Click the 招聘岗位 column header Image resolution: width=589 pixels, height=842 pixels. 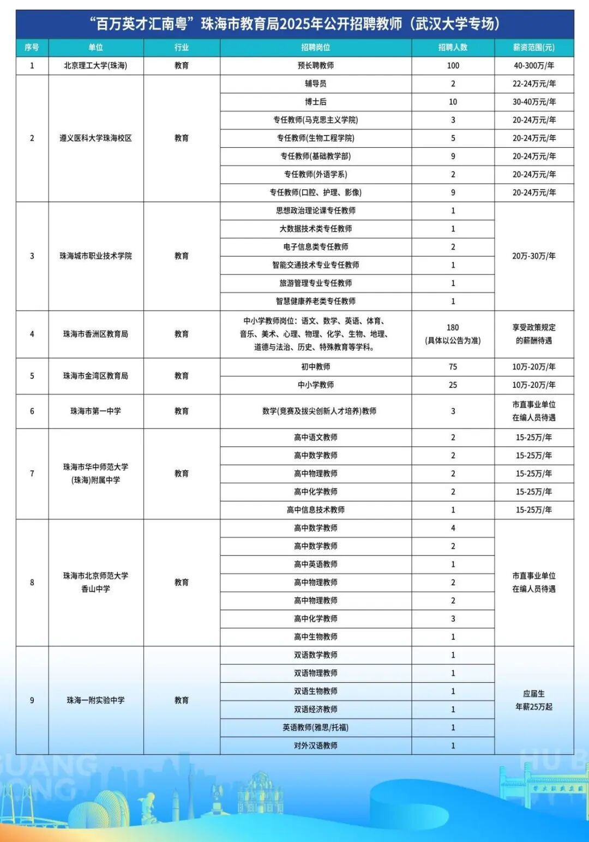tap(316, 47)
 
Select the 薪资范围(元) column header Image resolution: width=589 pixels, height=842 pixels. tap(533, 47)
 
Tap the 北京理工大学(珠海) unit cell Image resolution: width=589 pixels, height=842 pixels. tap(95, 65)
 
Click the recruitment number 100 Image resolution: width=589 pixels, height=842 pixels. tap(453, 65)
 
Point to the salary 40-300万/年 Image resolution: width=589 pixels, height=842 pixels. tap(533, 65)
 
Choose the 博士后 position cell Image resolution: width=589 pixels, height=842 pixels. tap(316, 102)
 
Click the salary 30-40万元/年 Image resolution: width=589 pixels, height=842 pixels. tap(533, 102)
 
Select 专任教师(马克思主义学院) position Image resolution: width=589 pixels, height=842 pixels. tap(316, 120)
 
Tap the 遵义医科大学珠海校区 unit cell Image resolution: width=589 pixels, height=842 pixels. tap(95, 138)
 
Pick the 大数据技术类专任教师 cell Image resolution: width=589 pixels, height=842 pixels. tap(316, 229)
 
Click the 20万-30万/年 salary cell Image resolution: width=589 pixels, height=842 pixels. tap(533, 256)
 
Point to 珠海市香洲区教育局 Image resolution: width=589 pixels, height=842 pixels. tap(95, 334)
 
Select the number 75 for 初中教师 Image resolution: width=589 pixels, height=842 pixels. tap(453, 367)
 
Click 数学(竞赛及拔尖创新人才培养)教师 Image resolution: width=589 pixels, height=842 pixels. tap(319, 411)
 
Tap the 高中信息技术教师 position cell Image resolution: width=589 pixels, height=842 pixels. tap(316, 510)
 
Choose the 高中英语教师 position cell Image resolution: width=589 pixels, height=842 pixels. tap(316, 564)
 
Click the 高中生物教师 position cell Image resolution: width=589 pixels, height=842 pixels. tap(316, 637)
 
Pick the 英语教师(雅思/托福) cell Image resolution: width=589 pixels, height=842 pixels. tap(316, 728)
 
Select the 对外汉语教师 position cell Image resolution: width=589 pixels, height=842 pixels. tap(316, 746)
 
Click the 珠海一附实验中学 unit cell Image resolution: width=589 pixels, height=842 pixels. tap(95, 700)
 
